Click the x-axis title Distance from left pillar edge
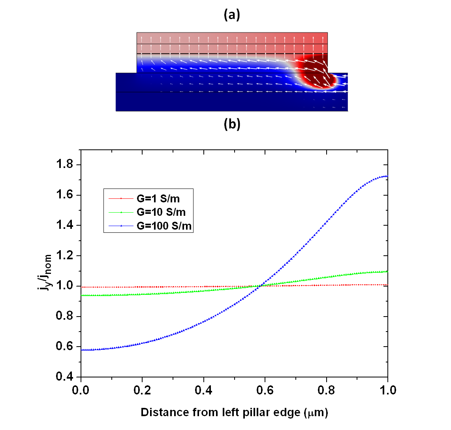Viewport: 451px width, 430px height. coord(234,413)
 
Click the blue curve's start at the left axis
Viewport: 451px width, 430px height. coord(82,350)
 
